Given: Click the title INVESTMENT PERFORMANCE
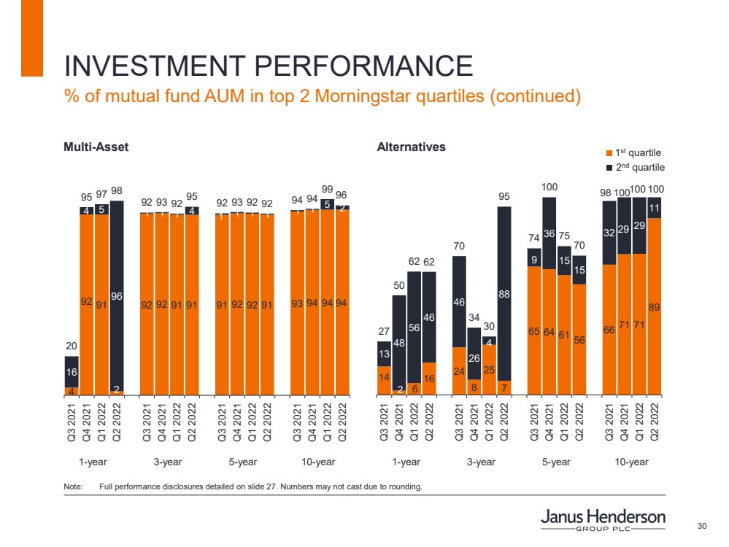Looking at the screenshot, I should (x=268, y=66).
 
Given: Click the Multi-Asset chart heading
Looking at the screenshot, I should (x=96, y=147).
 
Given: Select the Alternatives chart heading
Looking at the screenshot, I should (x=411, y=147).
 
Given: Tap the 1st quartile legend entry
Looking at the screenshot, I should (x=633, y=152).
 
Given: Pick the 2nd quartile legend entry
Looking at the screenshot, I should (x=633, y=167).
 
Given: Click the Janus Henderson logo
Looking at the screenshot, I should (x=603, y=521).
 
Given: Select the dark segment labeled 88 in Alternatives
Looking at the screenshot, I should (x=504, y=293).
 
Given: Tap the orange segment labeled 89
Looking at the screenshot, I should (x=654, y=306).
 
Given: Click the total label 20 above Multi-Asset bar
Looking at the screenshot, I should (x=72, y=346).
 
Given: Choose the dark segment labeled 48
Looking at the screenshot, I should (x=399, y=343).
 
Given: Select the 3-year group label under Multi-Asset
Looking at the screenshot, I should (x=169, y=462).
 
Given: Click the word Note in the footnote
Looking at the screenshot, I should (x=73, y=486).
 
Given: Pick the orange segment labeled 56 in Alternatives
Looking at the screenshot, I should (x=579, y=339).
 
